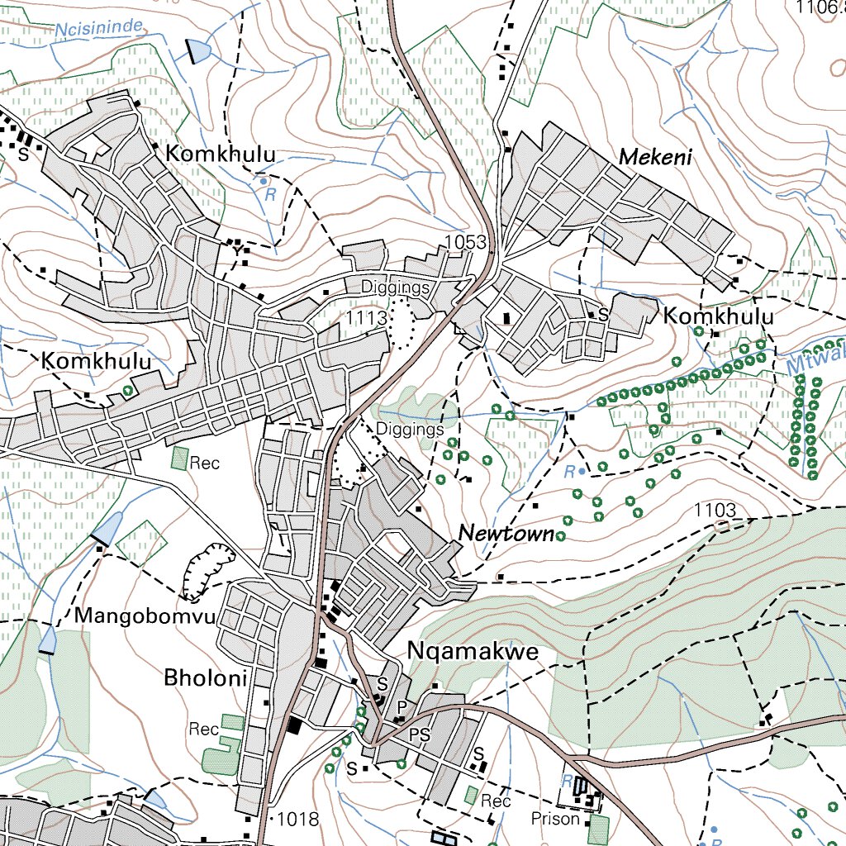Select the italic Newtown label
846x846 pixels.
(x=506, y=534)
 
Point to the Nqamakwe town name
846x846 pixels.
(x=473, y=653)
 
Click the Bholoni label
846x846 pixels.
(x=206, y=679)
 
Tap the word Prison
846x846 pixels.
(x=556, y=819)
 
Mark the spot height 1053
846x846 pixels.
(x=463, y=242)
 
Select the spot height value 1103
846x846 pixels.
(x=715, y=509)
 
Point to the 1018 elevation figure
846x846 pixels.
(x=297, y=819)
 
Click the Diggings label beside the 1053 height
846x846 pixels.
(x=396, y=288)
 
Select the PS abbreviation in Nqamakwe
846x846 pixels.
(x=421, y=734)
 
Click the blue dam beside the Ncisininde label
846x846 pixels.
(x=199, y=51)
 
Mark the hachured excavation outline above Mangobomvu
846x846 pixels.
(x=207, y=570)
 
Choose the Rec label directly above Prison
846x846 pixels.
(x=497, y=801)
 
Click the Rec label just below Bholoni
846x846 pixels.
(x=203, y=730)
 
